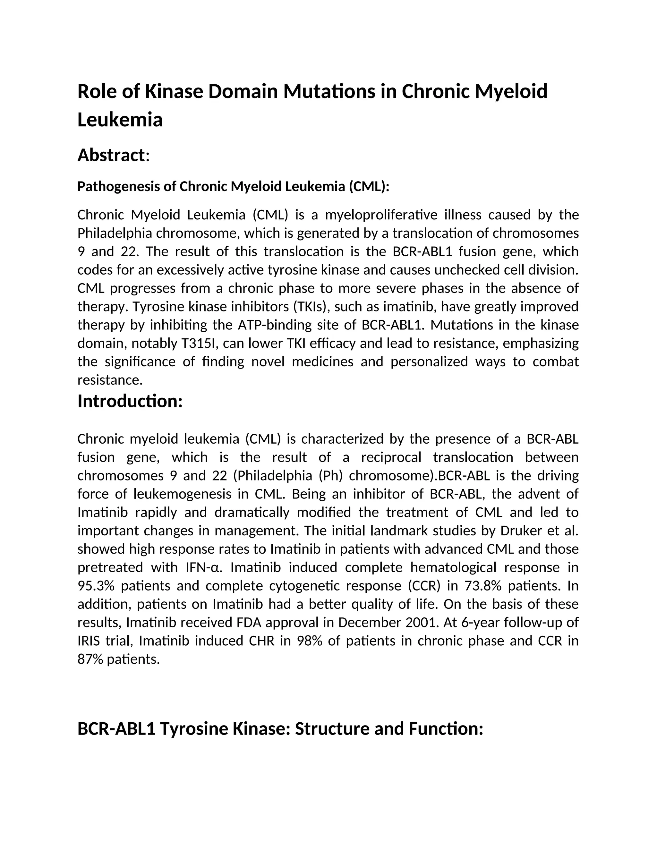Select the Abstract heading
(111, 155)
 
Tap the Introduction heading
(130, 401)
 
